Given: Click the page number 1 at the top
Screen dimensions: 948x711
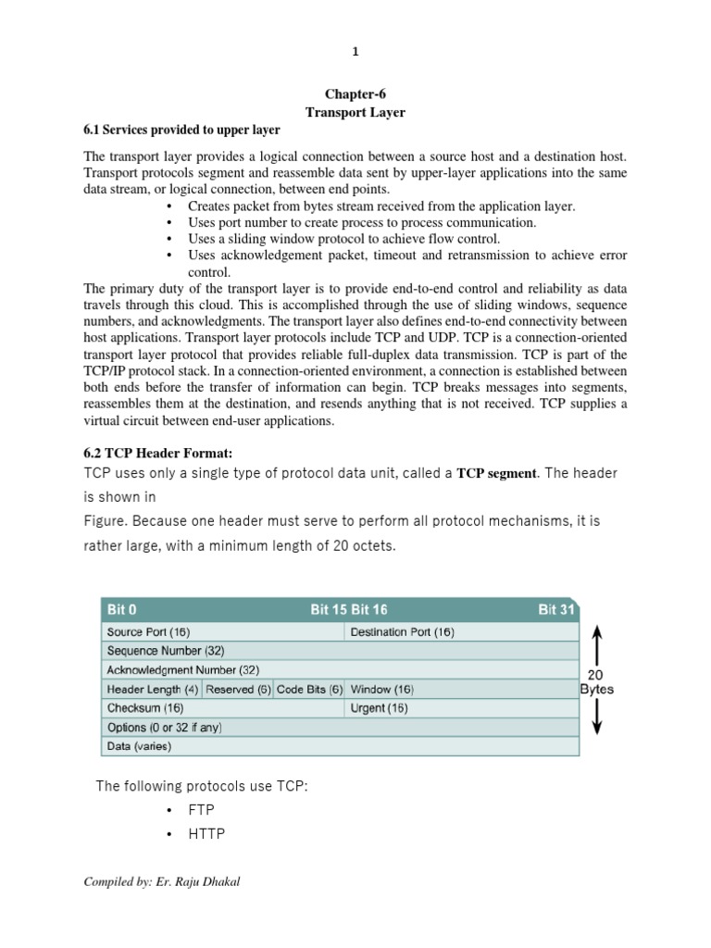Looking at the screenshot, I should pyautogui.click(x=355, y=52).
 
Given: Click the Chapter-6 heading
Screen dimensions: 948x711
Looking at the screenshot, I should pyautogui.click(x=355, y=94).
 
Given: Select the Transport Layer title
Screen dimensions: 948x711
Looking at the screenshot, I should pyautogui.click(x=355, y=112).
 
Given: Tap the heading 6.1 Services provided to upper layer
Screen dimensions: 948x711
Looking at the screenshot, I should pyautogui.click(x=181, y=130).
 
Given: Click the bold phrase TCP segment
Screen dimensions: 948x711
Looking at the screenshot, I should pyautogui.click(x=497, y=473).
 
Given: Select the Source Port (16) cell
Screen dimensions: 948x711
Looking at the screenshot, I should pyautogui.click(x=148, y=632).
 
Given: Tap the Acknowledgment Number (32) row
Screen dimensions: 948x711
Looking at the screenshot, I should pyautogui.click(x=183, y=669).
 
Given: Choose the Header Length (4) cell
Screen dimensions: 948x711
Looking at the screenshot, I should pyautogui.click(x=152, y=689).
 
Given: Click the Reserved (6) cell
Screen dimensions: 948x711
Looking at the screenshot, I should pyautogui.click(x=238, y=689).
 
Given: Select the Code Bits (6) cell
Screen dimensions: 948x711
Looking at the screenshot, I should pyautogui.click(x=309, y=689).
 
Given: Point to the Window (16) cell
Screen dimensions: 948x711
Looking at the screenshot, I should pyautogui.click(x=382, y=689).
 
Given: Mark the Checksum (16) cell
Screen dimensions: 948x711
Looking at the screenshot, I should pyautogui.click(x=144, y=708).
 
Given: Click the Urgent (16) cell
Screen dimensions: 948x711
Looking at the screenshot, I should pyautogui.click(x=379, y=708).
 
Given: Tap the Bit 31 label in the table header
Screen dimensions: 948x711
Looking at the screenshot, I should pyautogui.click(x=556, y=610).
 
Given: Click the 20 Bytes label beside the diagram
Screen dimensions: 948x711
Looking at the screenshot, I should pyautogui.click(x=597, y=681).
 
